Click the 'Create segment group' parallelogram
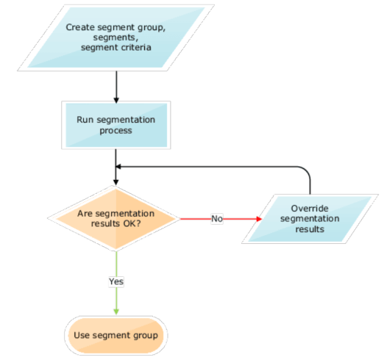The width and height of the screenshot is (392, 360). pos(115,37)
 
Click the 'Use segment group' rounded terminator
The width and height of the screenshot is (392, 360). pos(115,335)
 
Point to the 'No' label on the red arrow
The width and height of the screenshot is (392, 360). pos(217,219)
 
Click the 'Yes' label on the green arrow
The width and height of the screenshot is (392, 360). pos(116,281)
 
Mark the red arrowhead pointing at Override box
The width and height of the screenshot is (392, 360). pos(258,219)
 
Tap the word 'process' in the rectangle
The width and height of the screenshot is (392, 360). pos(115,130)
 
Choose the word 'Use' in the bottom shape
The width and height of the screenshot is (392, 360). pos(82,335)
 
